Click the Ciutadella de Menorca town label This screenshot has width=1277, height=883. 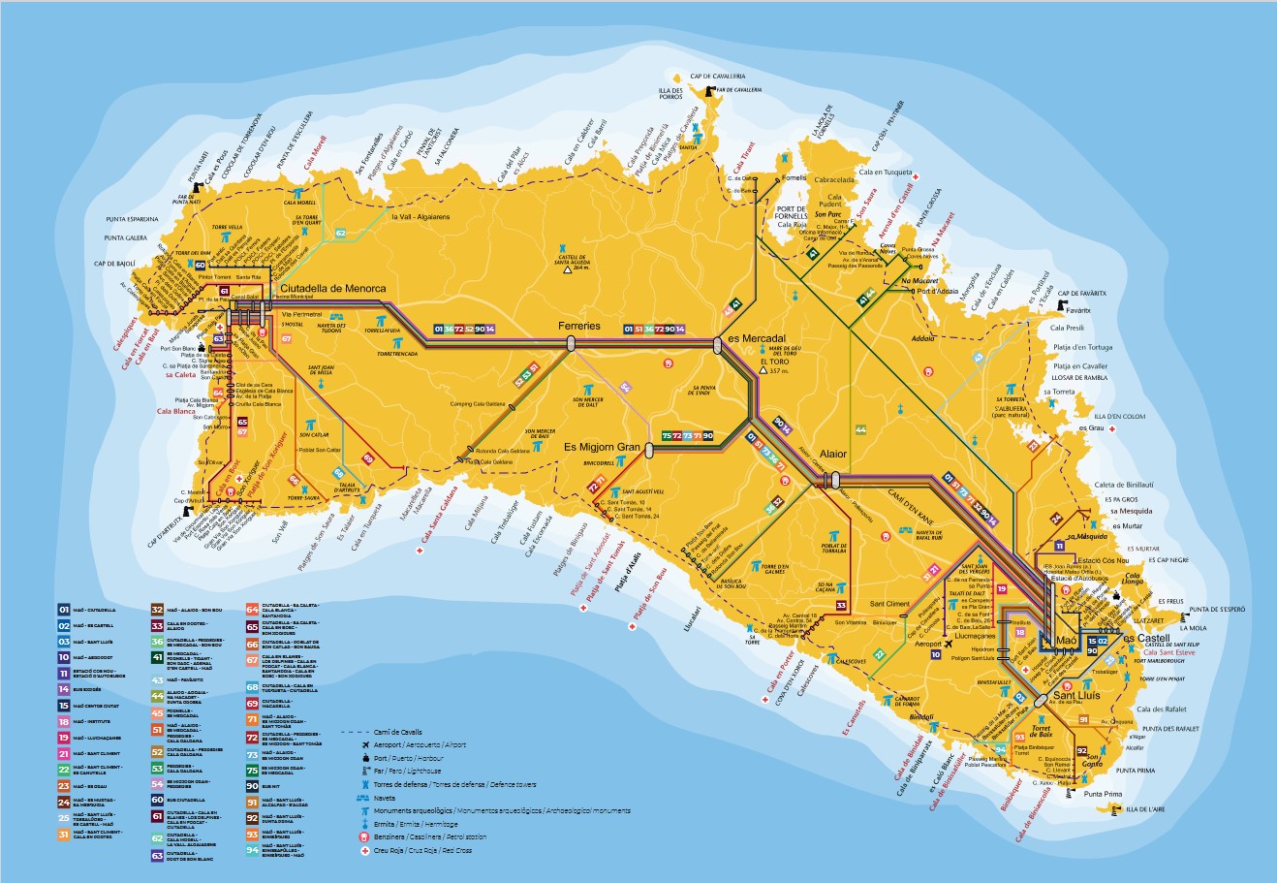[332, 289]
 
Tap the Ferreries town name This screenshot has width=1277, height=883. [579, 326]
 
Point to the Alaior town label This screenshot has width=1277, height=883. [833, 454]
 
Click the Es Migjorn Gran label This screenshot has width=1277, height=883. [603, 447]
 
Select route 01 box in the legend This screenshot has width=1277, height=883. [64, 610]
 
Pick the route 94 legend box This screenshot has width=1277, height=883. [253, 850]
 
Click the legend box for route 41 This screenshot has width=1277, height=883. [157, 657]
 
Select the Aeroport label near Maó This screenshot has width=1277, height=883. [927, 644]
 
